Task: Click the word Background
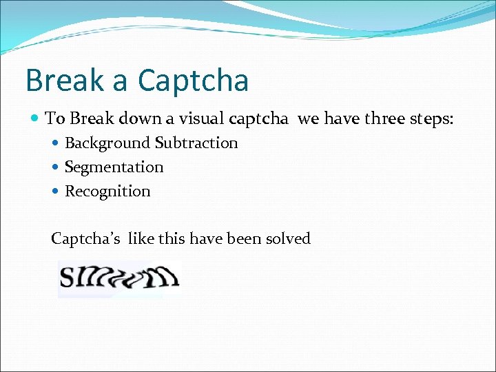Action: point(107,143)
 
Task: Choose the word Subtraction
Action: point(196,143)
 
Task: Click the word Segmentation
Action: point(114,167)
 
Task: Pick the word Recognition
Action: point(107,192)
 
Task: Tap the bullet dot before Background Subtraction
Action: point(56,143)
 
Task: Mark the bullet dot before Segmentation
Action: point(56,167)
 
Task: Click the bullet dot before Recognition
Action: point(56,192)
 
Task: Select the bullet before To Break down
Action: point(36,118)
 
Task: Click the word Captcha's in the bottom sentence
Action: point(86,239)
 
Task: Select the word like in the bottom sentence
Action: point(140,239)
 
